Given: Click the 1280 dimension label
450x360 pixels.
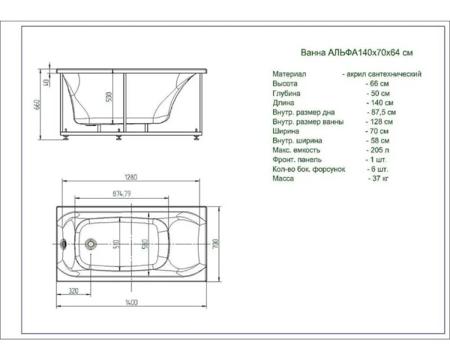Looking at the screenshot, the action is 131,177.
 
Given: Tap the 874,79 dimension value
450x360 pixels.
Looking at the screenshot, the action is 121,194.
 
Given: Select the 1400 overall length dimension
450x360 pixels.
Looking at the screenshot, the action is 131,302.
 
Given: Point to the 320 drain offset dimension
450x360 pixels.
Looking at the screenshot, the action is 73,291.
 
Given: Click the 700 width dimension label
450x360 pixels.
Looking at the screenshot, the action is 215,244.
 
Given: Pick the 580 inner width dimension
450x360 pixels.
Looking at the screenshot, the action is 145,244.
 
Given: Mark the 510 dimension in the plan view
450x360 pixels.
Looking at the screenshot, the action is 116,244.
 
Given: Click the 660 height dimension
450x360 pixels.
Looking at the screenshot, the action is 37,104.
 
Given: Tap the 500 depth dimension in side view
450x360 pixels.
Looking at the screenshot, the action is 109,97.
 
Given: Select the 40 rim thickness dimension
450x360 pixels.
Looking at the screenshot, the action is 47,83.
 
